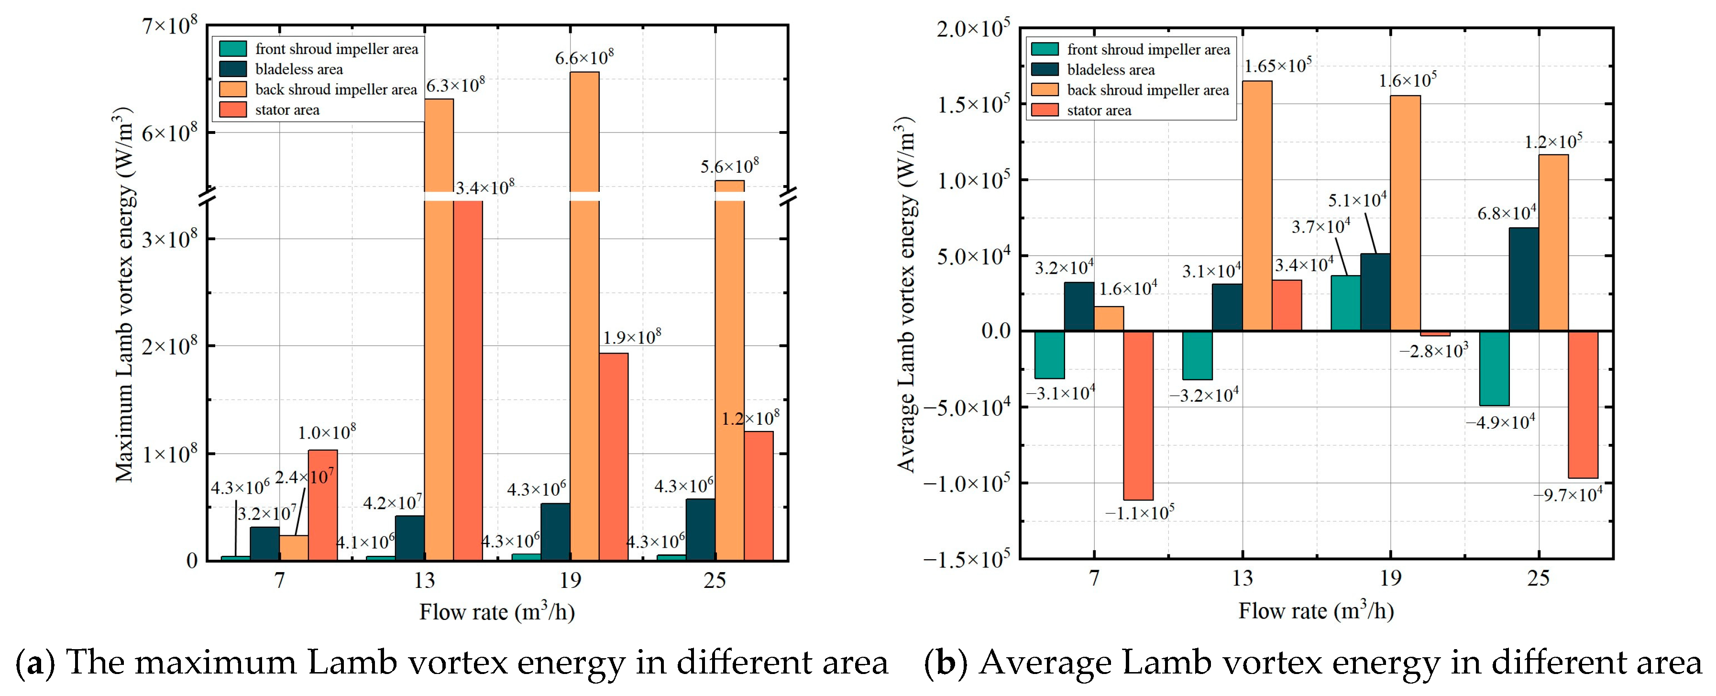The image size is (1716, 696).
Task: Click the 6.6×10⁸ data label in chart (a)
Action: pos(584,57)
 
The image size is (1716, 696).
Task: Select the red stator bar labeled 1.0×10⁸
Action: pos(322,505)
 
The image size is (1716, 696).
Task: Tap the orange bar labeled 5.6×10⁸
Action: pos(729,370)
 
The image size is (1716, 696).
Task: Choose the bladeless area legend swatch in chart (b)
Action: pos(1045,69)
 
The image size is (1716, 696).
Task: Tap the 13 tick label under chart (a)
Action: pos(424,581)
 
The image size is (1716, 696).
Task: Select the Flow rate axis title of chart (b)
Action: pos(1316,610)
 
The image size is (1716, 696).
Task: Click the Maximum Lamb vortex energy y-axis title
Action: pos(124,294)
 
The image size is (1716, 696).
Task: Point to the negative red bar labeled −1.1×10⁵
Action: pos(1138,415)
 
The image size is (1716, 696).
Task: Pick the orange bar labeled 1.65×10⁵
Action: pos(1257,206)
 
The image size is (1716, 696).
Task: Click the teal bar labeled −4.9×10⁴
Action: pos(1494,368)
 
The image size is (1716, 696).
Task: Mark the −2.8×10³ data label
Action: pos(1433,350)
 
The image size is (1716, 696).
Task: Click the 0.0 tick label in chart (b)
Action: pos(995,331)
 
